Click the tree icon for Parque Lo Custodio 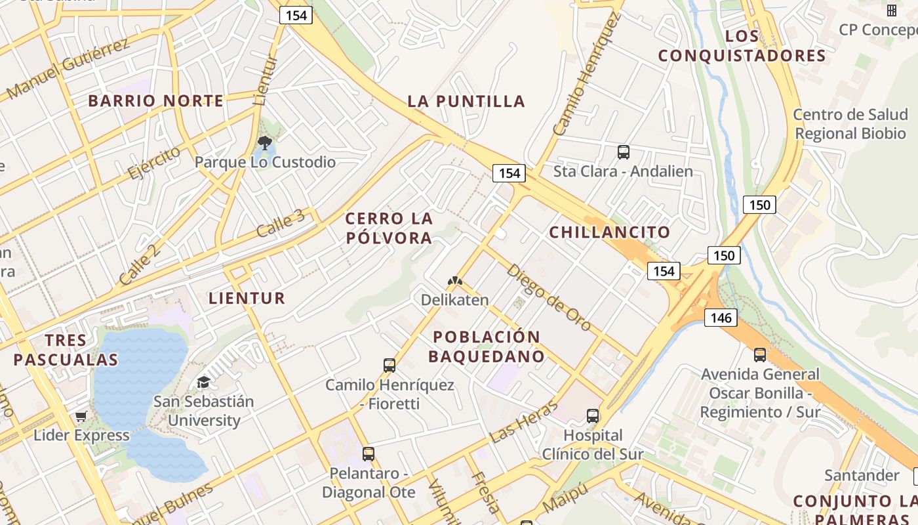[x=265, y=142]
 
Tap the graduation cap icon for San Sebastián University [x=203, y=382]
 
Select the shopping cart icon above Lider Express [x=81, y=416]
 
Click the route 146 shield [x=721, y=318]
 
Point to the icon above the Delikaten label [x=454, y=281]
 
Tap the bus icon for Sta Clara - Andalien [x=623, y=152]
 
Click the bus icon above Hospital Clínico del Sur [x=593, y=415]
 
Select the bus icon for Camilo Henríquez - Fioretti [x=389, y=365]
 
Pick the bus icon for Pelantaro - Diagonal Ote [x=369, y=453]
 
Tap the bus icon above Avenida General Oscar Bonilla [x=760, y=355]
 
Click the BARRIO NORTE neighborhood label [x=156, y=101]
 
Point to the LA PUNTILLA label [x=466, y=101]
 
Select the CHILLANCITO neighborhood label [x=609, y=232]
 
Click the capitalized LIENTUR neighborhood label [x=247, y=299]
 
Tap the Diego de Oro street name [x=548, y=297]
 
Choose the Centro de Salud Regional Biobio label [x=850, y=124]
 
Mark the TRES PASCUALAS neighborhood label [x=66, y=350]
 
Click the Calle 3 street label [x=280, y=224]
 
